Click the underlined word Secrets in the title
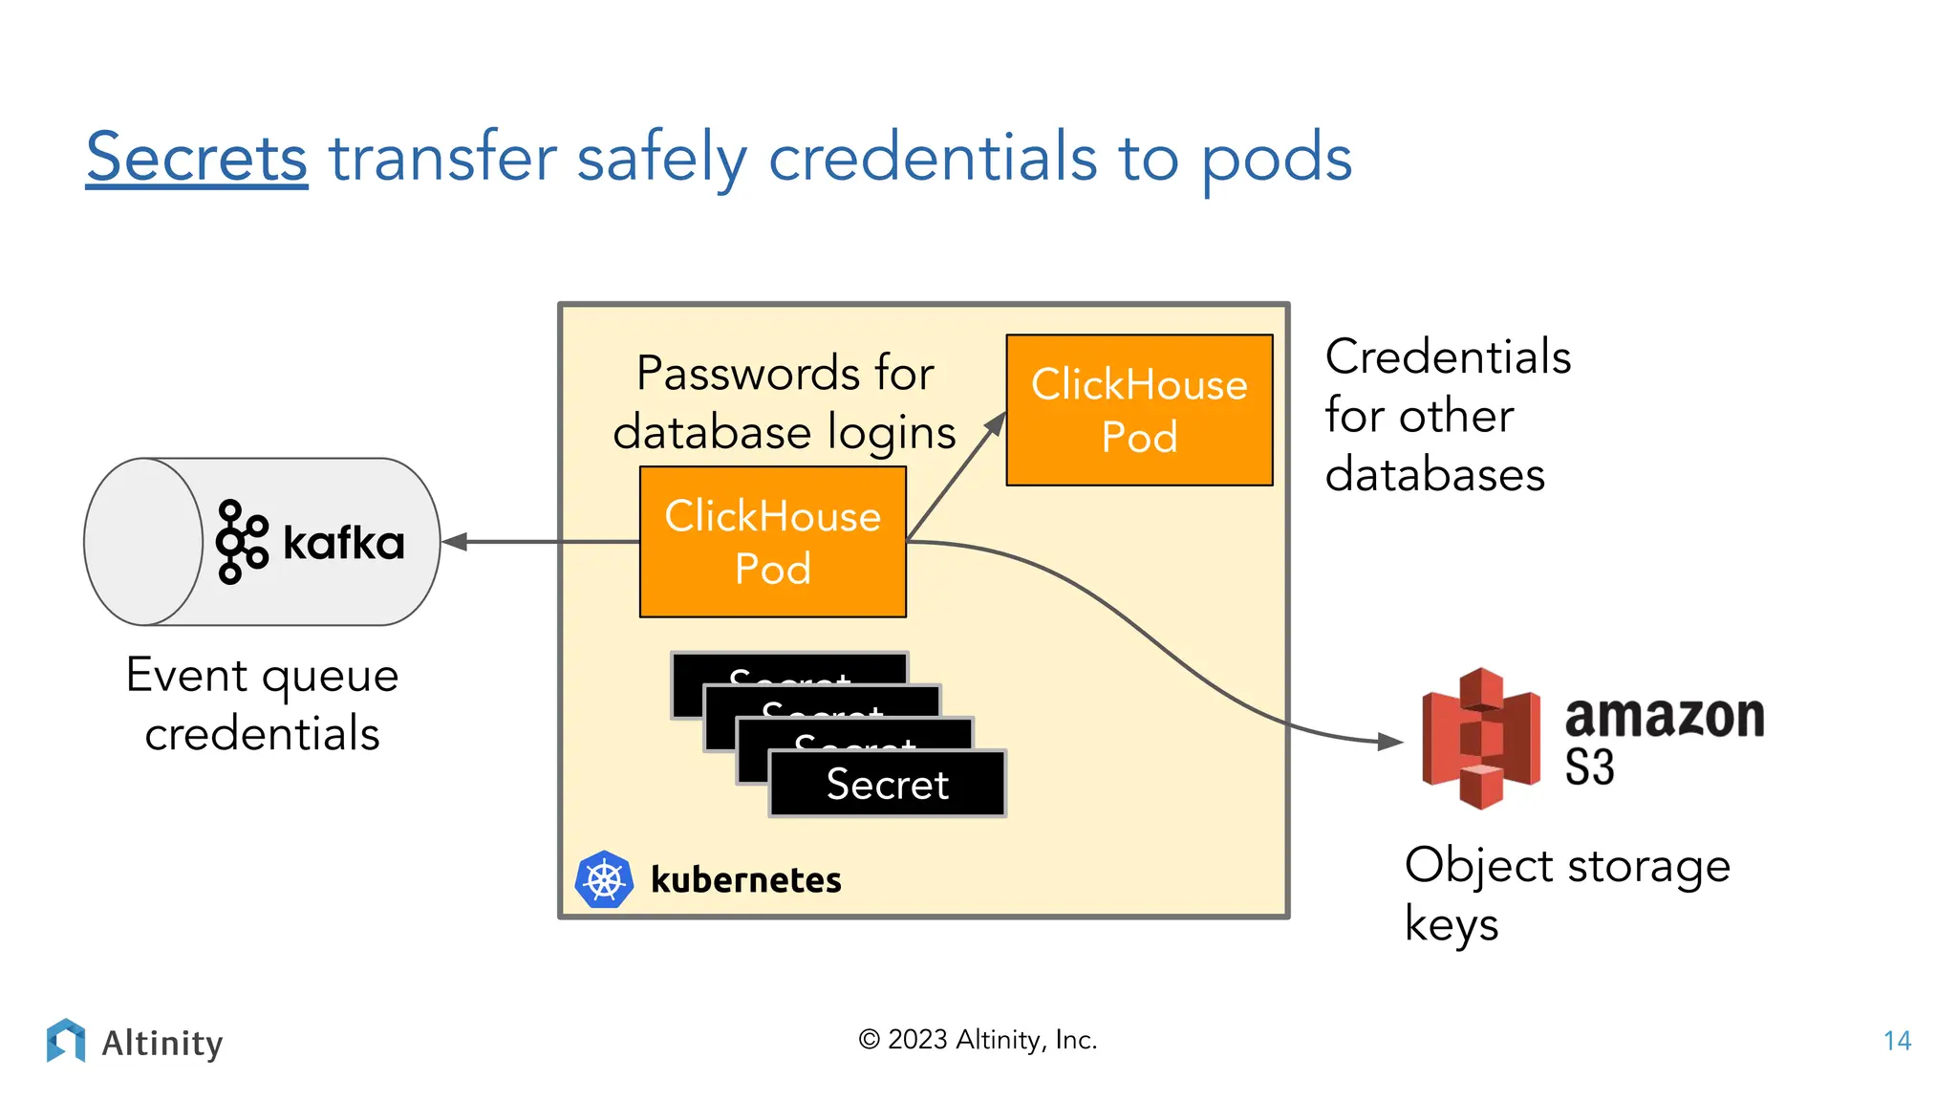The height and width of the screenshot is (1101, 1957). coord(197,158)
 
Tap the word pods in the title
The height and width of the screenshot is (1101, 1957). coord(1276,160)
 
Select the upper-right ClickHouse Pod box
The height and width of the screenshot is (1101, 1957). coord(1139,410)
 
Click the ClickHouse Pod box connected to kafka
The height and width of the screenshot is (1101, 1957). coord(772,542)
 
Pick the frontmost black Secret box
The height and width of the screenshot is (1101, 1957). coord(887,784)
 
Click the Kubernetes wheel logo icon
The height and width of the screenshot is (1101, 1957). coord(604,879)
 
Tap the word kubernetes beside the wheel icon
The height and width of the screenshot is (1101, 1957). coord(745,880)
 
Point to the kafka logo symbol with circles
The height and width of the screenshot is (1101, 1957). coord(241,542)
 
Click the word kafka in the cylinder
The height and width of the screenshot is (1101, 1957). coord(344,543)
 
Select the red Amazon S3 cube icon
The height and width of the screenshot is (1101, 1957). coord(1480,738)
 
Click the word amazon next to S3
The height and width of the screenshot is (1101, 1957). coord(1664,717)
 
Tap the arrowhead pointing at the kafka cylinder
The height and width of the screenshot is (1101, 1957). coord(455,542)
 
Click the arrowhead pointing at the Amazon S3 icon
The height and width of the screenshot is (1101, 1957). coord(1391,741)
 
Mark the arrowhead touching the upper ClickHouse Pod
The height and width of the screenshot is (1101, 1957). coord(996,423)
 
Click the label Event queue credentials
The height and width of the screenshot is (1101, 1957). coord(262,704)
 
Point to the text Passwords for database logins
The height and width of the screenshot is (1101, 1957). coord(785,402)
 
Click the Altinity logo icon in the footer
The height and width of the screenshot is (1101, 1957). coord(66,1041)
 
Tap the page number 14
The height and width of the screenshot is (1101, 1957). coord(1897,1041)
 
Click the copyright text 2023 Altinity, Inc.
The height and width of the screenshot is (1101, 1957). coord(978,1040)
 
